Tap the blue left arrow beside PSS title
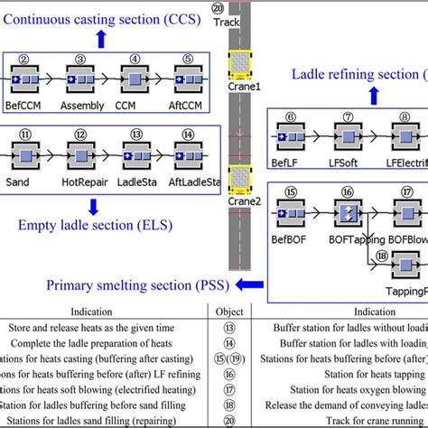click(245, 311)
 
